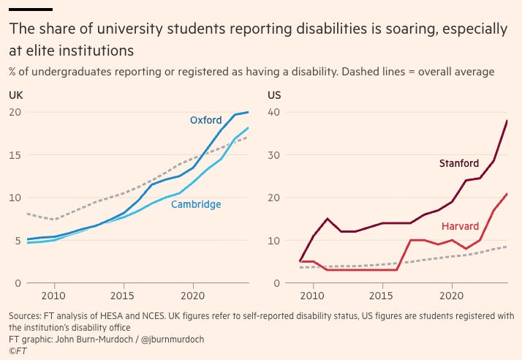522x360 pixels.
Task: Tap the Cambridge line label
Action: pyautogui.click(x=196, y=204)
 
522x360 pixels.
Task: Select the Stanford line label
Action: pyautogui.click(x=458, y=163)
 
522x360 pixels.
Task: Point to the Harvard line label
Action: pyautogui.click(x=461, y=227)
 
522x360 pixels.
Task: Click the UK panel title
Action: pyautogui.click(x=15, y=94)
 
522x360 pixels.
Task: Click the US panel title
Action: pyautogui.click(x=276, y=94)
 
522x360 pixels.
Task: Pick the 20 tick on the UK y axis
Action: pyautogui.click(x=15, y=112)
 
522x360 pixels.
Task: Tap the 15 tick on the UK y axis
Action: pyautogui.click(x=15, y=155)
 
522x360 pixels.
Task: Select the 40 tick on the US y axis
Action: pyautogui.click(x=275, y=112)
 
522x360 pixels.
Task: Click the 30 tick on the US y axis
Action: pyautogui.click(x=275, y=155)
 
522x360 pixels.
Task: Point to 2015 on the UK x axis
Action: pyautogui.click(x=124, y=296)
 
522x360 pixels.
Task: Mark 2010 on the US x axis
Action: pyautogui.click(x=312, y=296)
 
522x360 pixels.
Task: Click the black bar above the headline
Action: pyautogui.click(x=30, y=10)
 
